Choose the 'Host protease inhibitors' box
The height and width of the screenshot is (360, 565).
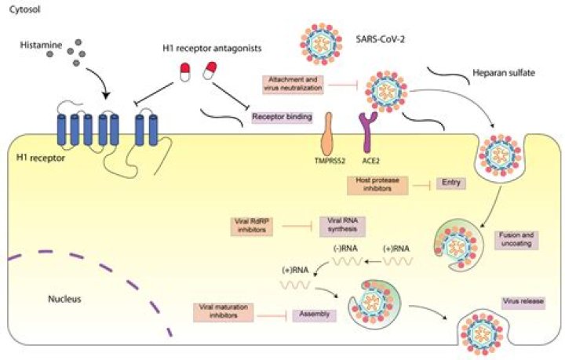click(374, 184)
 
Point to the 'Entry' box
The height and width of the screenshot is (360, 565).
click(453, 184)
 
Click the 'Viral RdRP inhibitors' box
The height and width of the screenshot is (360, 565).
click(257, 226)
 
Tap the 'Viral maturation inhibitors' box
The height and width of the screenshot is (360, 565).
click(217, 313)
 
